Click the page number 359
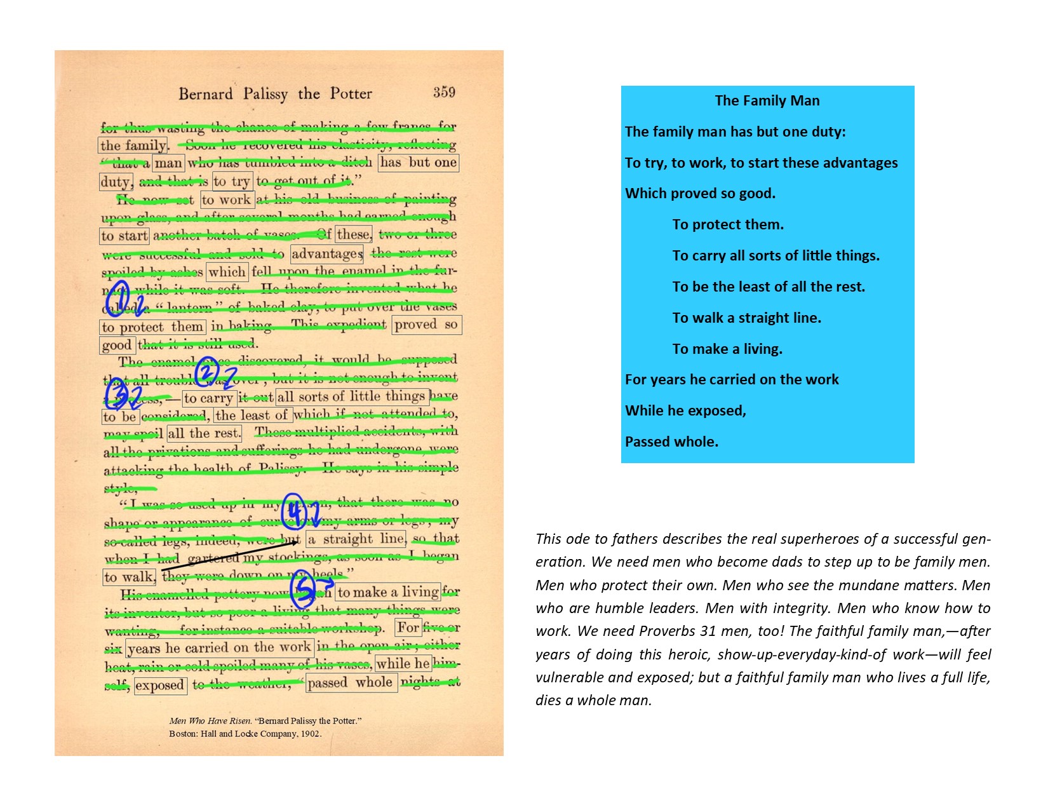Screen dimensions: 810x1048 click(444, 93)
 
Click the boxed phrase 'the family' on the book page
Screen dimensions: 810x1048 click(133, 145)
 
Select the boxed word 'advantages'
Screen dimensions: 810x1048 click(327, 254)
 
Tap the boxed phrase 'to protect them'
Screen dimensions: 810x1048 click(152, 327)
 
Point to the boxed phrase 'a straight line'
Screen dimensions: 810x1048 click(356, 539)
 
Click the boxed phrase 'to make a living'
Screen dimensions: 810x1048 click(387, 592)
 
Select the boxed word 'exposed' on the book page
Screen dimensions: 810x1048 click(160, 685)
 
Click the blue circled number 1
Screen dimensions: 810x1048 click(118, 299)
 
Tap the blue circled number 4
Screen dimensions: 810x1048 click(293, 511)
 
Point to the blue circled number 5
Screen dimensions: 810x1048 click(303, 590)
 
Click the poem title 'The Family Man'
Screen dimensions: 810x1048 click(767, 100)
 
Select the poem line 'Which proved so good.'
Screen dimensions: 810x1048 click(700, 193)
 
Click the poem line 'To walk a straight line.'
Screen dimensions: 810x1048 click(746, 318)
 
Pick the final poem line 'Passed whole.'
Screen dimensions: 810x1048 click(671, 442)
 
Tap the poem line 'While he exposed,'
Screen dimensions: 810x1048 click(685, 410)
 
